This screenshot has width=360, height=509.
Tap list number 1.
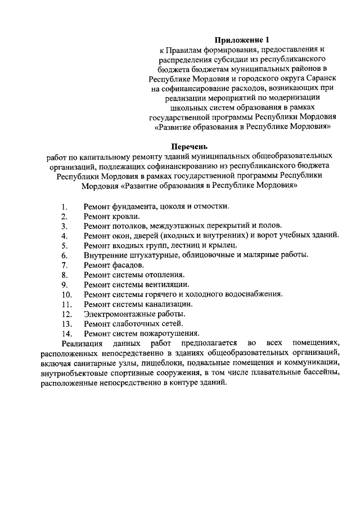[65, 206]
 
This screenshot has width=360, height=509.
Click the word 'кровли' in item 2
[126, 215]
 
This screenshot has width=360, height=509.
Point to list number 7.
[65, 265]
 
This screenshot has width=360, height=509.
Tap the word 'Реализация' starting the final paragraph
[82, 343]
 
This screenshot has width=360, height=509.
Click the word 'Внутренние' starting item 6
[104, 255]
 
